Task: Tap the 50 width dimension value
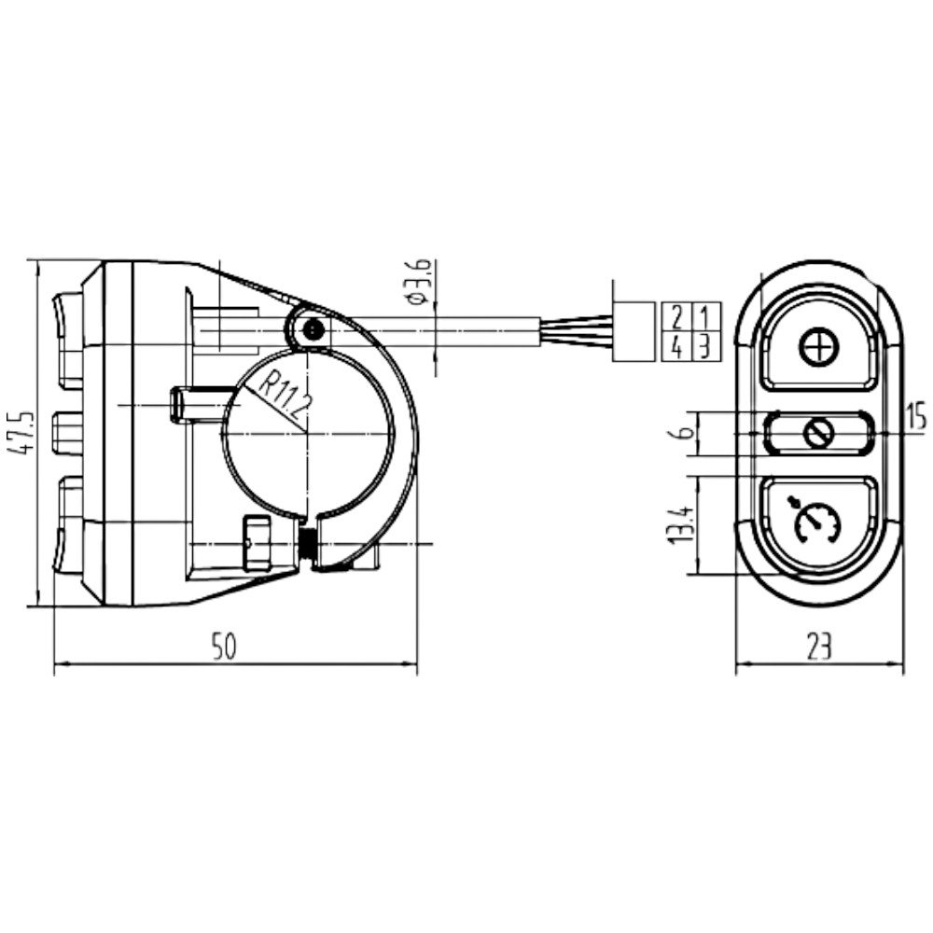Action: (224, 648)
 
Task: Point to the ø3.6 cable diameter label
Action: (420, 282)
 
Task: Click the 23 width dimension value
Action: (818, 648)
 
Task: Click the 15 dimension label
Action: (917, 416)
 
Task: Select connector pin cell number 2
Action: (676, 317)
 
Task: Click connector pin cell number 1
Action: (705, 317)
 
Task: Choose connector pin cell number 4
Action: (676, 346)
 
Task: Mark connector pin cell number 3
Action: (705, 346)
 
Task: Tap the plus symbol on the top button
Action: (819, 348)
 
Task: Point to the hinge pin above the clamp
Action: (313, 327)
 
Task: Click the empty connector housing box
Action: (634, 331)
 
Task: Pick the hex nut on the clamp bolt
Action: (256, 543)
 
